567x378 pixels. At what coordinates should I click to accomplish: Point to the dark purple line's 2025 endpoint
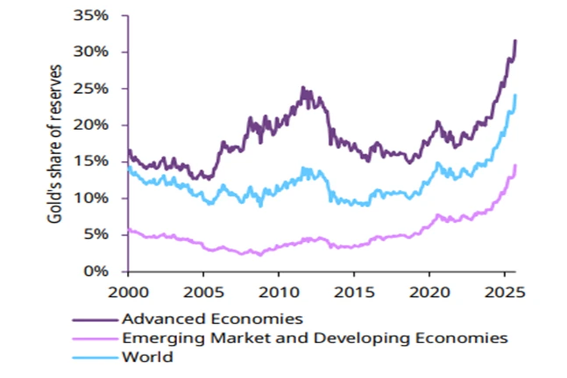[x=516, y=41]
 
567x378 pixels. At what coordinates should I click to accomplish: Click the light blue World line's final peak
[x=516, y=95]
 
